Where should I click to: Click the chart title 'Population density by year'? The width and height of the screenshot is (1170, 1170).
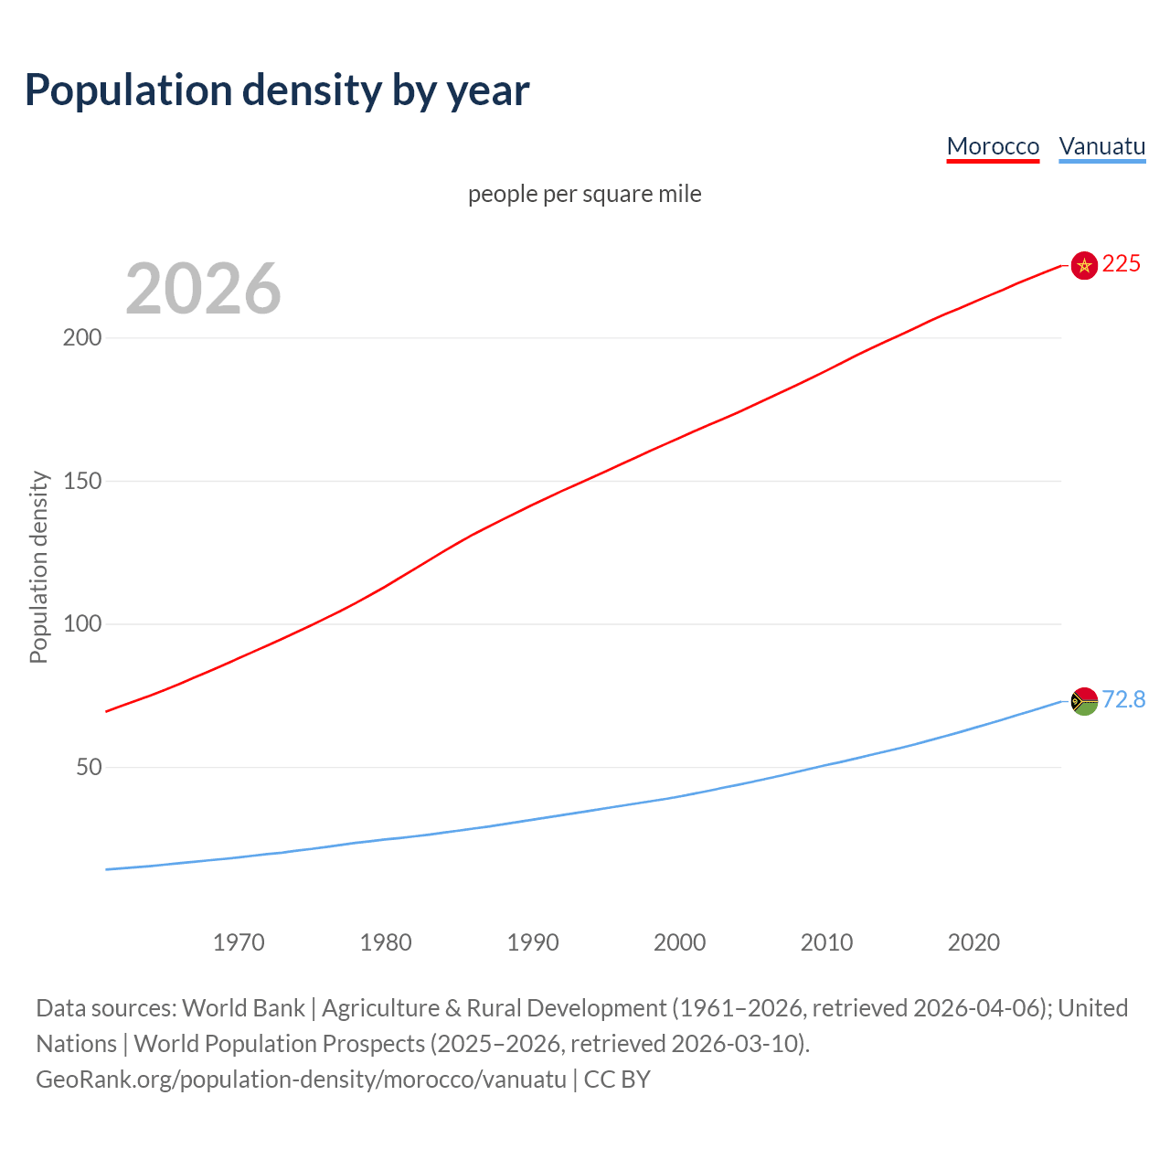point(277,90)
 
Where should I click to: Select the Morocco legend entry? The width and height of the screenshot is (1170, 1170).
point(993,146)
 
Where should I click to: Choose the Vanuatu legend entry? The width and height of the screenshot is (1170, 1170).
point(1101,146)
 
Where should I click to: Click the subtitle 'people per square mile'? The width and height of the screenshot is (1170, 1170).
point(584,194)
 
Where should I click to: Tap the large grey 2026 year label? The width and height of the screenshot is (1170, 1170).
point(203,289)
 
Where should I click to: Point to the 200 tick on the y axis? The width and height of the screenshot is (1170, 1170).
point(81,337)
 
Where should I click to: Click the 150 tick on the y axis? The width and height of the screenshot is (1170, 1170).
point(81,481)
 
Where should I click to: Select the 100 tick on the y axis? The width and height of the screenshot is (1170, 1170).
point(81,624)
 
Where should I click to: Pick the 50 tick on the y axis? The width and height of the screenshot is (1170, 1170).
point(88,767)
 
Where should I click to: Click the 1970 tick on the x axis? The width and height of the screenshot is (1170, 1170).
point(239,942)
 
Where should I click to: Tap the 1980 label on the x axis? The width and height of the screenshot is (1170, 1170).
point(386,942)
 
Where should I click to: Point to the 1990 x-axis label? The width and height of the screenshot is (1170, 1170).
point(533,942)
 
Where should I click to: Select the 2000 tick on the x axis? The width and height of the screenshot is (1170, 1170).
point(679,942)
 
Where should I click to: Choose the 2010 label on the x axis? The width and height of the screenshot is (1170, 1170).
point(826,942)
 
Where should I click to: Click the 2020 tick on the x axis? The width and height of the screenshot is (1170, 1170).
point(973,942)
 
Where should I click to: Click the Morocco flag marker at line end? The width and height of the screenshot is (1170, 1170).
point(1084,266)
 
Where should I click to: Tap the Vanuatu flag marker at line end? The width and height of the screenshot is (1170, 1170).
point(1084,701)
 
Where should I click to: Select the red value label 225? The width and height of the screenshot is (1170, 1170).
point(1122,264)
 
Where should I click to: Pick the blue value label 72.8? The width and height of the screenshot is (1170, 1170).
point(1123,699)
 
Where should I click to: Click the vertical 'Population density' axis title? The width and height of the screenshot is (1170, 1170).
point(38,567)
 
